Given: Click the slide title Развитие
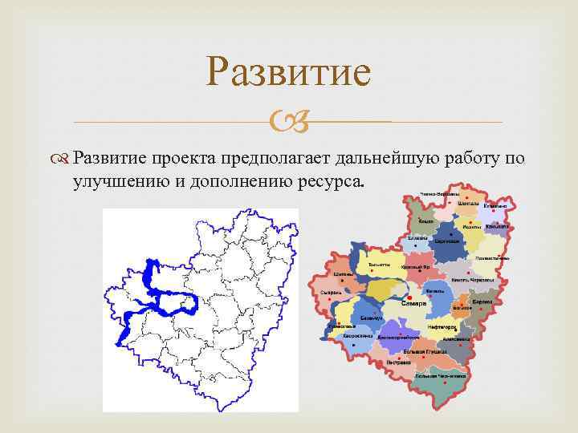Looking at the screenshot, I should point(288,72).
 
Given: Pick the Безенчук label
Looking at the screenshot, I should point(371,318).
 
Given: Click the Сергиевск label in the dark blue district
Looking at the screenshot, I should point(447,241).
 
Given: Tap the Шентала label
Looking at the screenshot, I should point(469,204).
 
